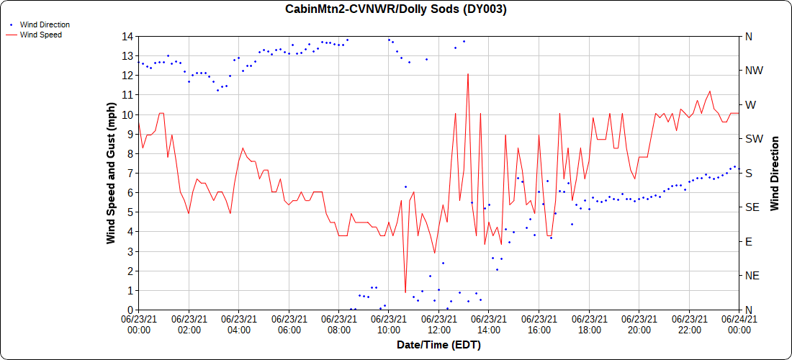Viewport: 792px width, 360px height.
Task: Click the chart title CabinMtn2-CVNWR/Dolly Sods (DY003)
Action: [x=396, y=9]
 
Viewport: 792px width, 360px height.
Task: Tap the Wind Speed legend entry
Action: [x=40, y=34]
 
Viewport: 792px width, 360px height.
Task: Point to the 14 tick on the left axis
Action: [x=127, y=36]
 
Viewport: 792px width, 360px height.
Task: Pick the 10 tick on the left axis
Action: [x=127, y=114]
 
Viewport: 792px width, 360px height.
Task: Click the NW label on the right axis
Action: [x=752, y=71]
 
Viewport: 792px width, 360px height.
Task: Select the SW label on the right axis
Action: [x=752, y=139]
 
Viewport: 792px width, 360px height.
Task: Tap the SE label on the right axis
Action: [x=751, y=207]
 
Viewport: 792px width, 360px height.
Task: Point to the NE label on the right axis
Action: [x=751, y=276]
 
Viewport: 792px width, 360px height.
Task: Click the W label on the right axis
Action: [x=750, y=104]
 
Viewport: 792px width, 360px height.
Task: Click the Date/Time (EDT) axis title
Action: [x=438, y=345]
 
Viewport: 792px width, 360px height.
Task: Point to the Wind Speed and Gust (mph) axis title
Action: [x=112, y=173]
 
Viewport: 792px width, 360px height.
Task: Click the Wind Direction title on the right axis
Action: [x=775, y=173]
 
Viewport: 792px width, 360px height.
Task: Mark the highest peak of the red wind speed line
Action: [x=468, y=73]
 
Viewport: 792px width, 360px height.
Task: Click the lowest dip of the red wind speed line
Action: [x=405, y=292]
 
